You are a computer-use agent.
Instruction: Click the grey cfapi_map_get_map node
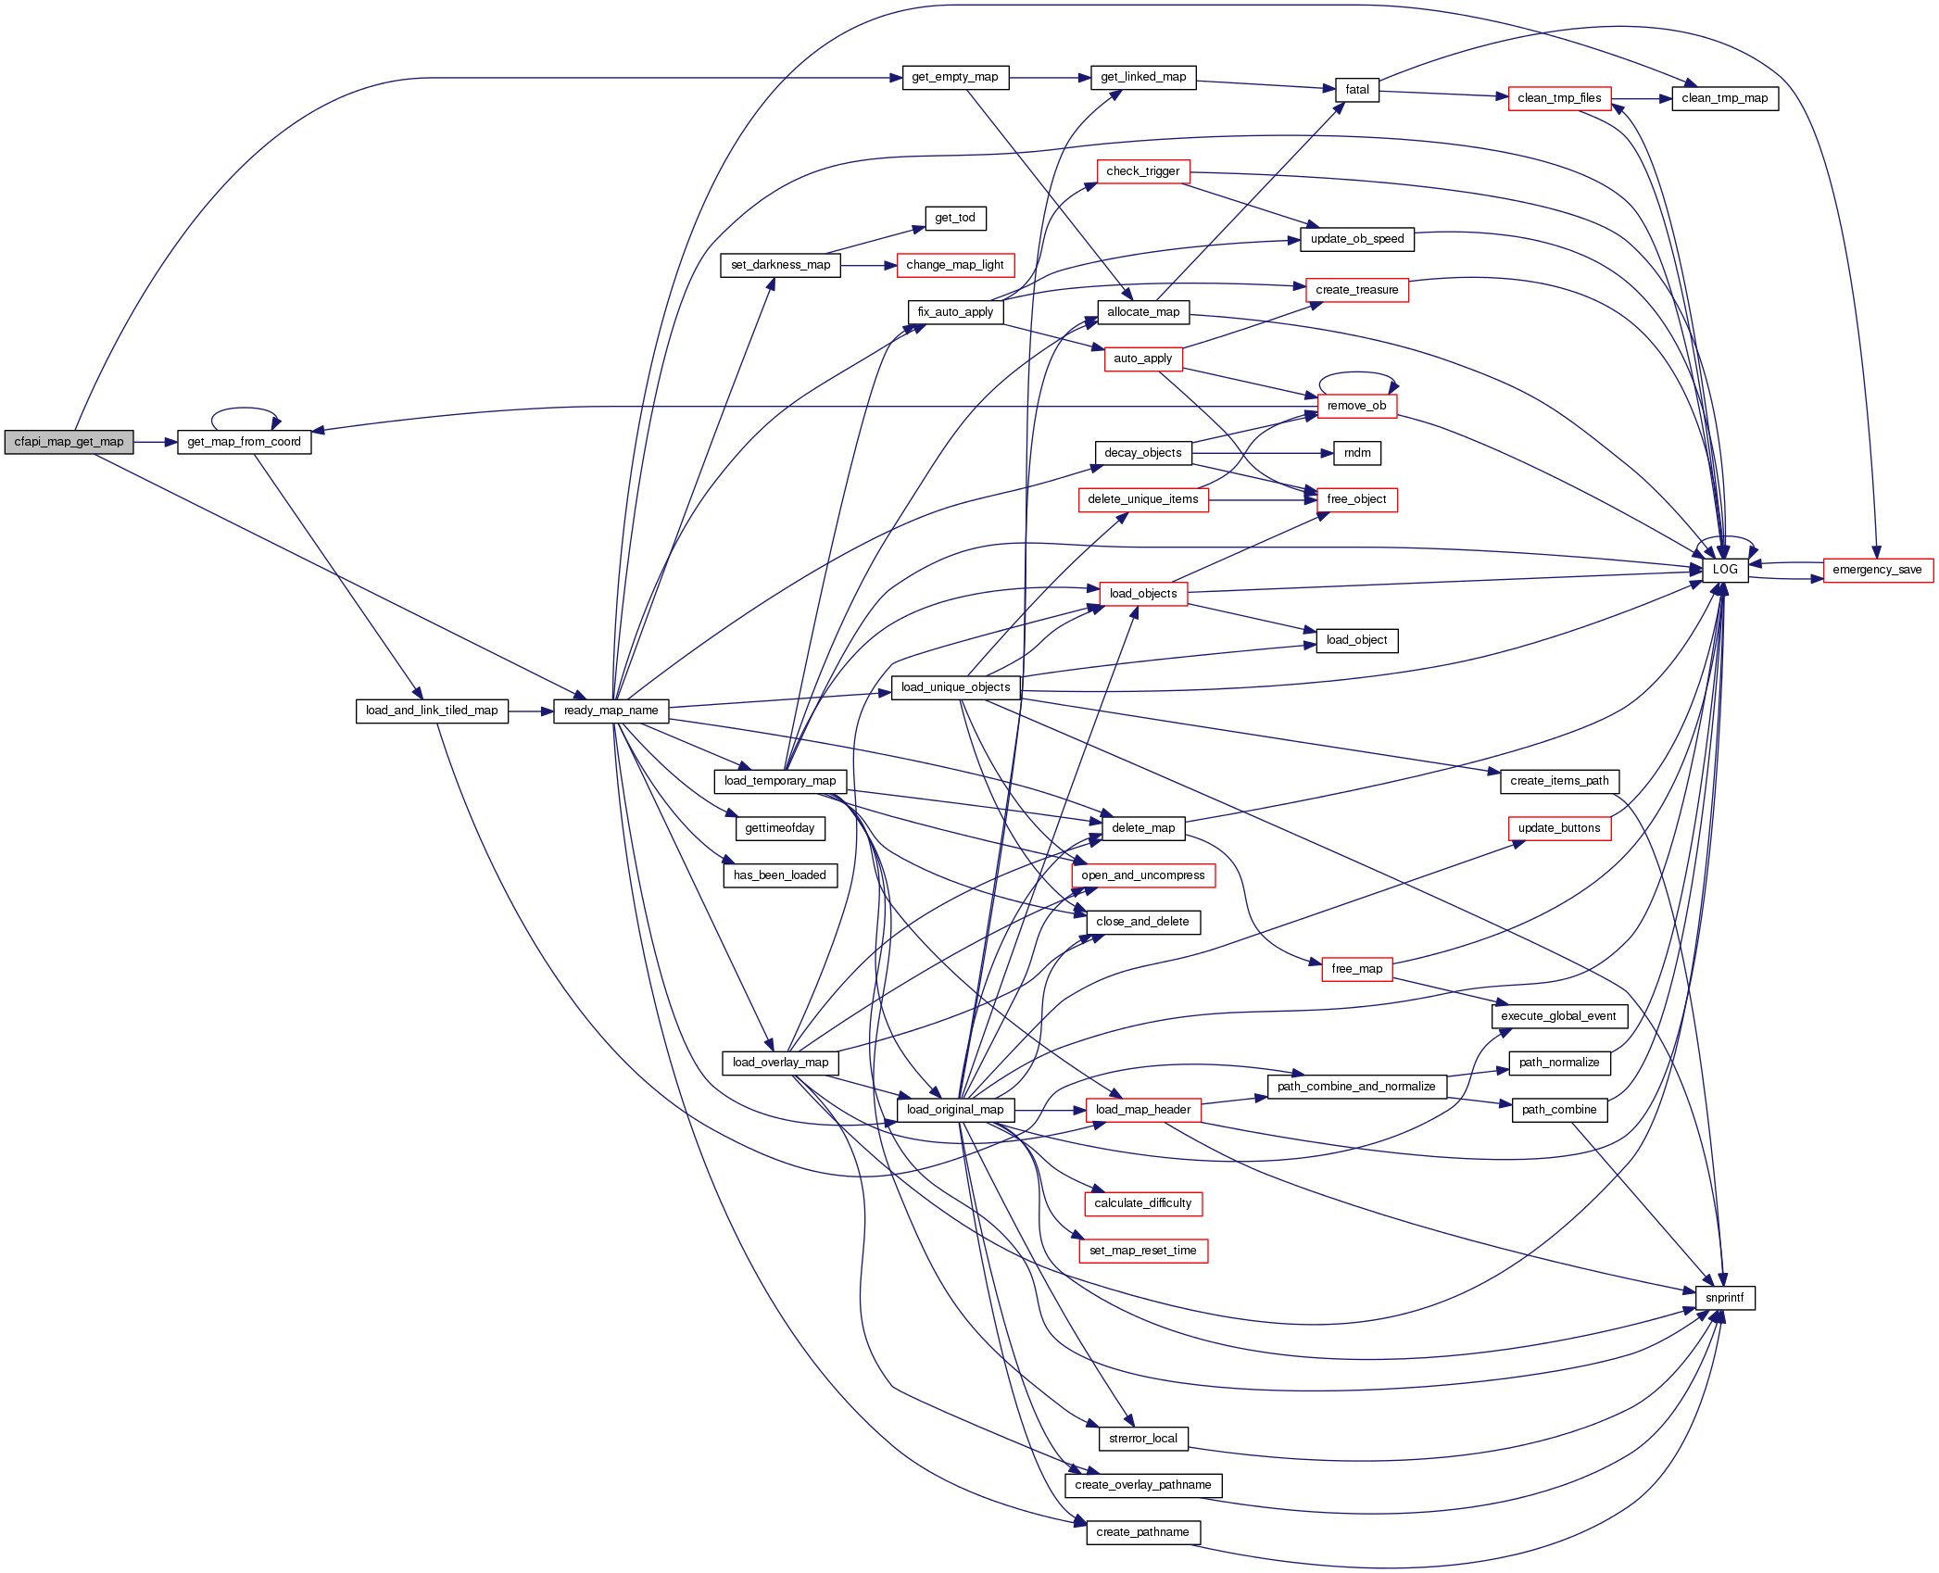click(69, 442)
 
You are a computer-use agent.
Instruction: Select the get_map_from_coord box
click(244, 442)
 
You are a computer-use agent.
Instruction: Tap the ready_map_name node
click(611, 711)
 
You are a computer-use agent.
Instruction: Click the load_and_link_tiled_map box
click(432, 711)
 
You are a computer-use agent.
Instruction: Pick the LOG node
click(1724, 570)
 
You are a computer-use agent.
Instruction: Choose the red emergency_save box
click(1877, 570)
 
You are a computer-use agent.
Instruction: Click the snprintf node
click(1724, 1298)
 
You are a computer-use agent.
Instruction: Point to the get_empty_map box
click(955, 77)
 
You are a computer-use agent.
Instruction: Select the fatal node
click(1357, 90)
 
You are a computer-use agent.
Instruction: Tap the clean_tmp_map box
click(1724, 98)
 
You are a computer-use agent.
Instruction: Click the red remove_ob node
click(1356, 406)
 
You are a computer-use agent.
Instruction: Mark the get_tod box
click(955, 218)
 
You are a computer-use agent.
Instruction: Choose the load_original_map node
click(955, 1110)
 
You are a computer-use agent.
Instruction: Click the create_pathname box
click(1142, 1532)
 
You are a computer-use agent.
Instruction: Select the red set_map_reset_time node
click(1142, 1251)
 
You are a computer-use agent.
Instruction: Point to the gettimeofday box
click(779, 828)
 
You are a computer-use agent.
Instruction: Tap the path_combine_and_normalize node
click(1356, 1087)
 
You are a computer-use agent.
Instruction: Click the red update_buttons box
click(1559, 828)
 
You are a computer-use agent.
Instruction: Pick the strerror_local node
click(1142, 1439)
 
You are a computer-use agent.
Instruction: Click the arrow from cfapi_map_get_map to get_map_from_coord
click(155, 442)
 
